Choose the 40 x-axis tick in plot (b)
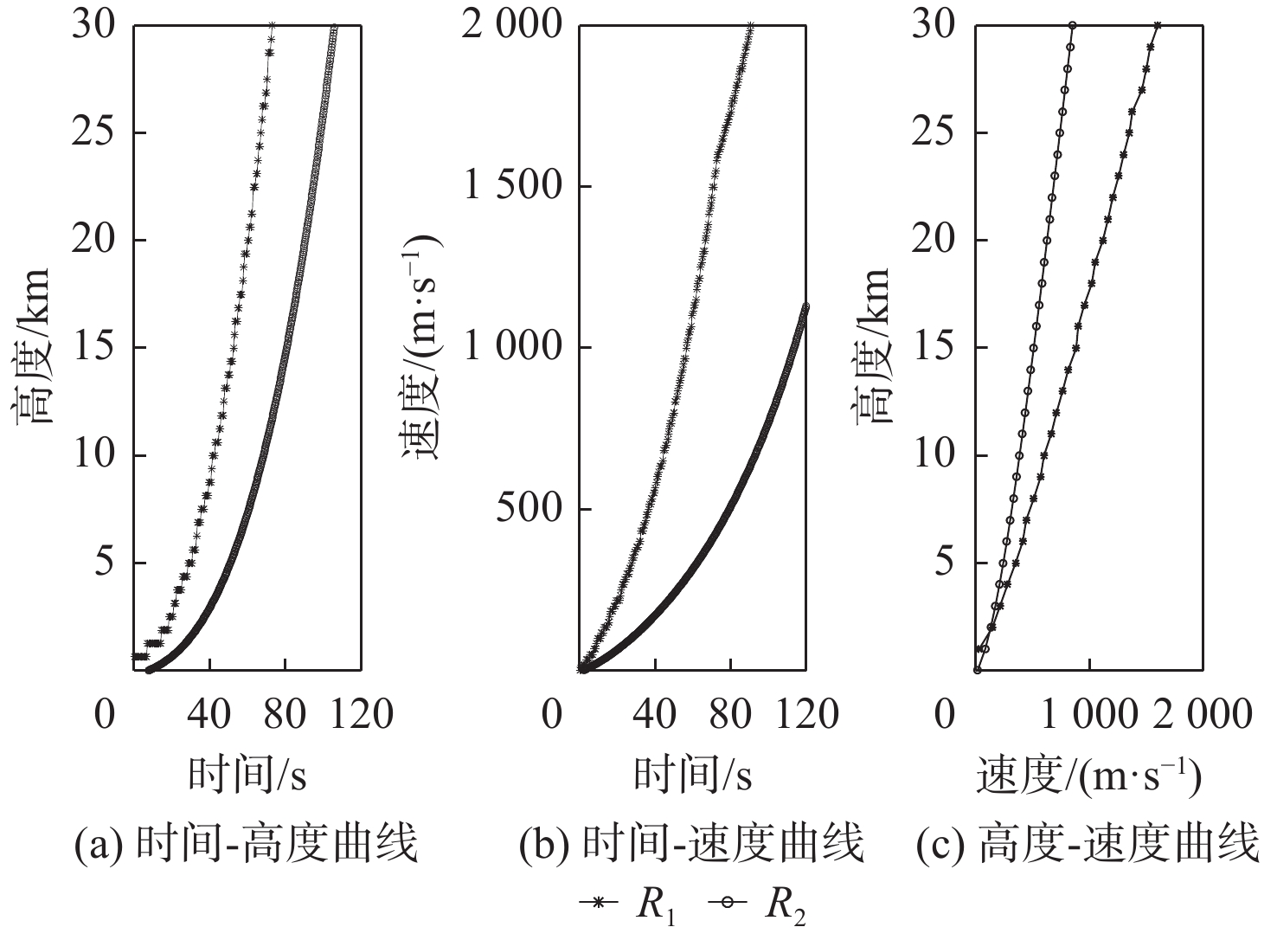(656, 715)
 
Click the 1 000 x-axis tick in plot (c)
(1088, 715)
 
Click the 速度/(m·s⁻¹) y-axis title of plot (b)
(422, 346)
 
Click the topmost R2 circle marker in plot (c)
(1073, 26)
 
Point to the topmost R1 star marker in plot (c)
(1158, 26)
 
